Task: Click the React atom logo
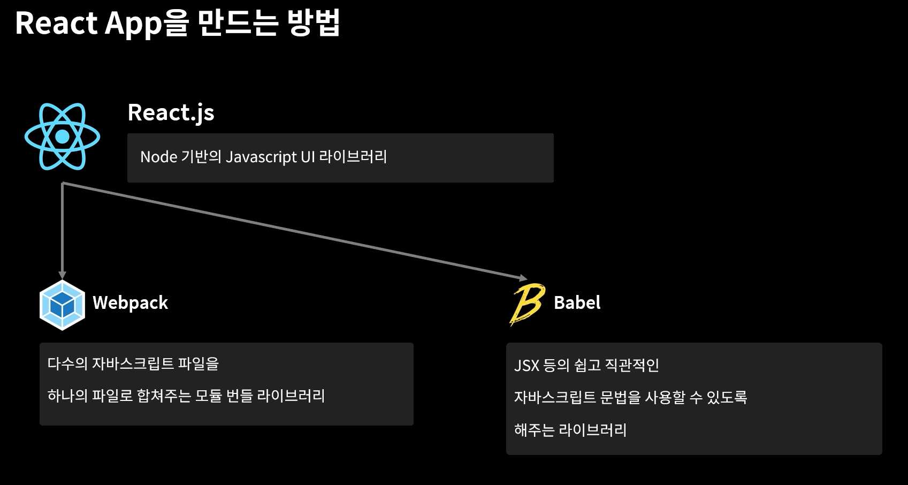62,137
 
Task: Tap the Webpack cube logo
62,305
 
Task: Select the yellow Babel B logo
527,304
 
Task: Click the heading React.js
171,113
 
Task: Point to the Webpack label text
130,303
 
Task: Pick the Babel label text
577,303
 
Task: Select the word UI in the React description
308,157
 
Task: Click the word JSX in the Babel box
527,366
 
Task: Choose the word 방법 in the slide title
314,24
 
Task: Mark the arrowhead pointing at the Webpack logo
63,275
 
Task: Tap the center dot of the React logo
62,137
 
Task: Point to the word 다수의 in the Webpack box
67,364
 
